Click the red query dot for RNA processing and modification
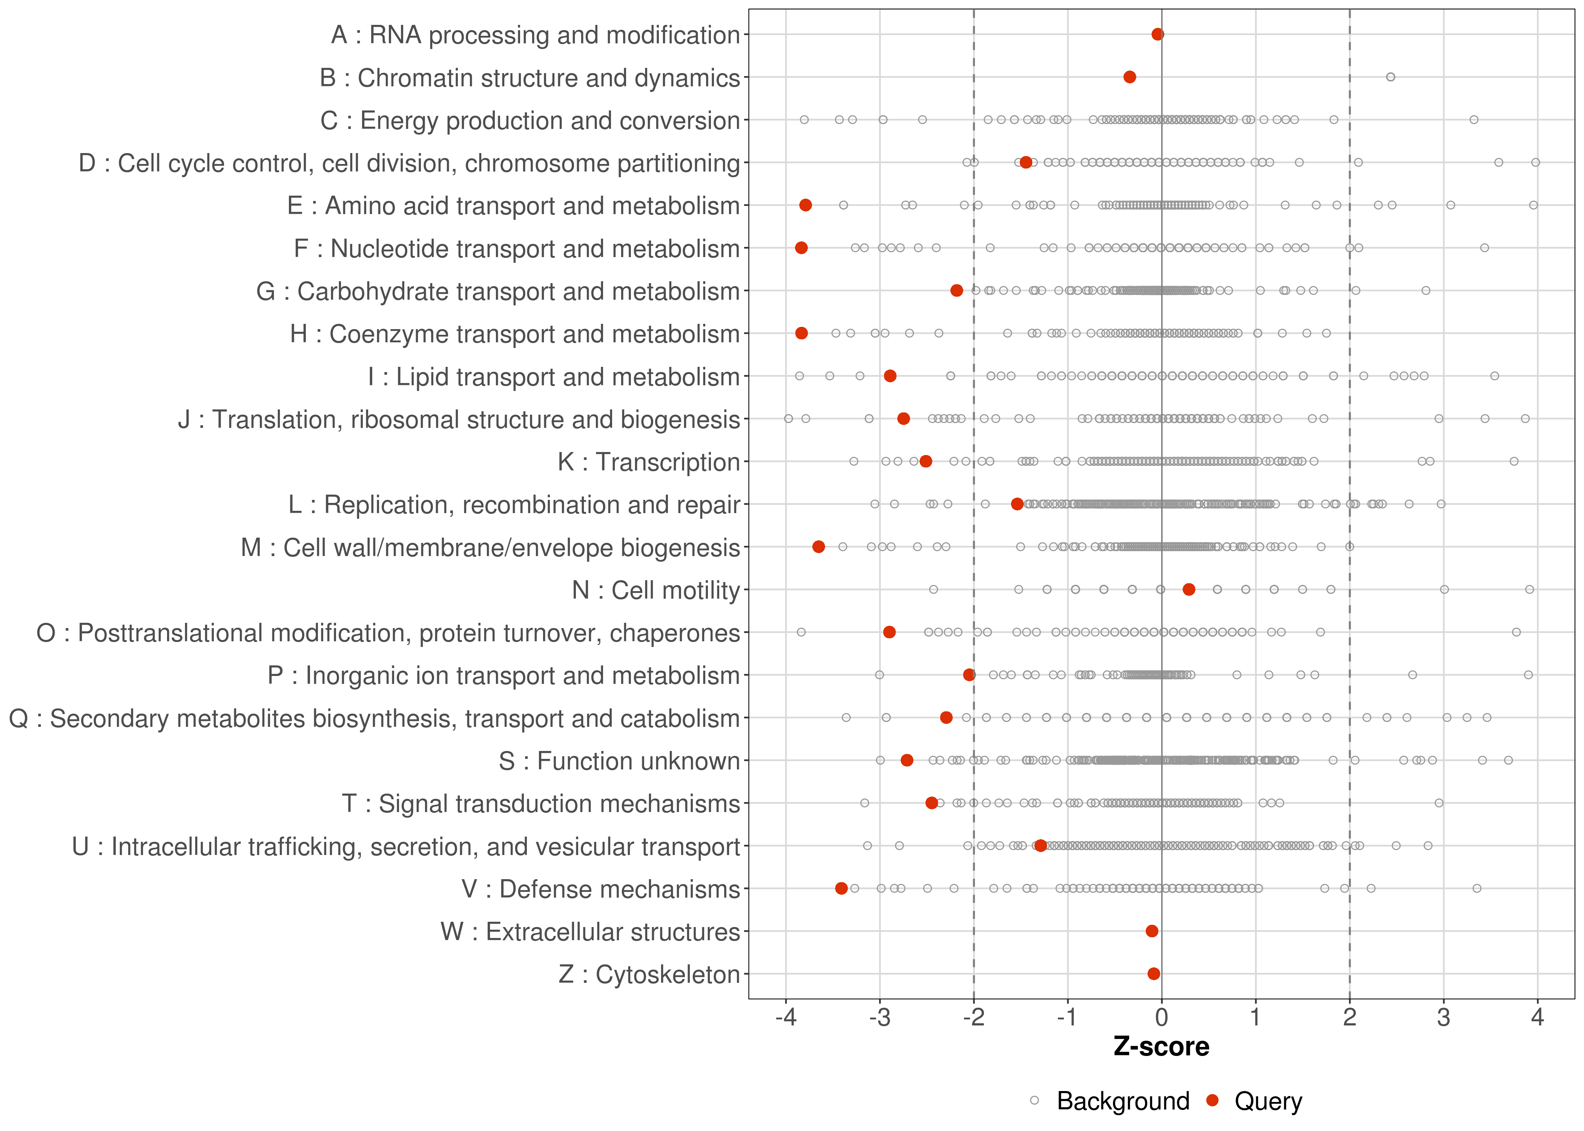1158,34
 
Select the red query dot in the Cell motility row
1189,589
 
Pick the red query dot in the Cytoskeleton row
1154,974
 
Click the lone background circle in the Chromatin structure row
1391,77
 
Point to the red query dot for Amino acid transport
805,205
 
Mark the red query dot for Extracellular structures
1152,931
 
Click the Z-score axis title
1161,1047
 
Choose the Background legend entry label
1123,1101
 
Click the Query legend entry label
1268,1101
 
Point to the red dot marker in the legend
1213,1100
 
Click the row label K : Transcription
649,462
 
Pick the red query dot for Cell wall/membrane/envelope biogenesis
818,547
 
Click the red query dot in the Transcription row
926,461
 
